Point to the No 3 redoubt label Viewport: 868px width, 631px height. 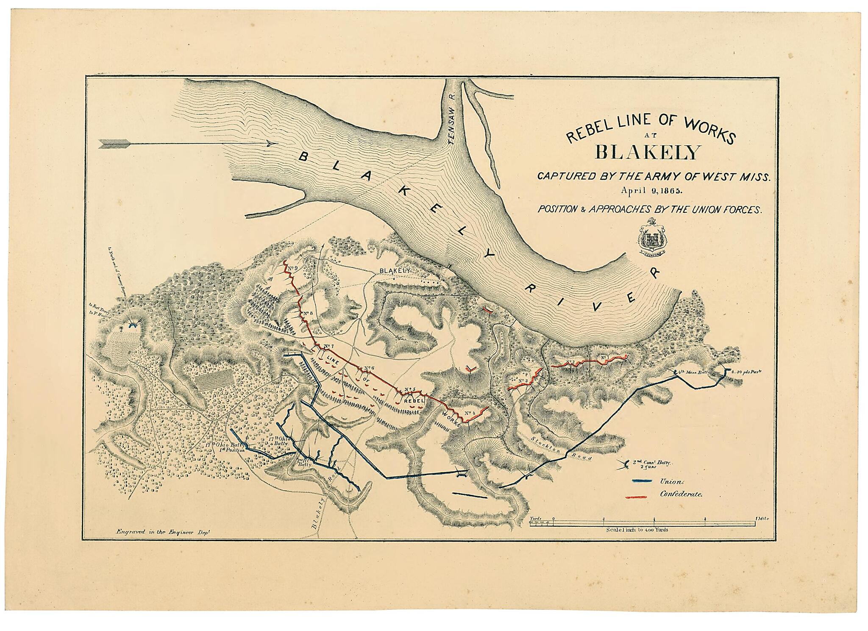(x=523, y=381)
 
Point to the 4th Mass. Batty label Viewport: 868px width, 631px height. (x=692, y=372)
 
